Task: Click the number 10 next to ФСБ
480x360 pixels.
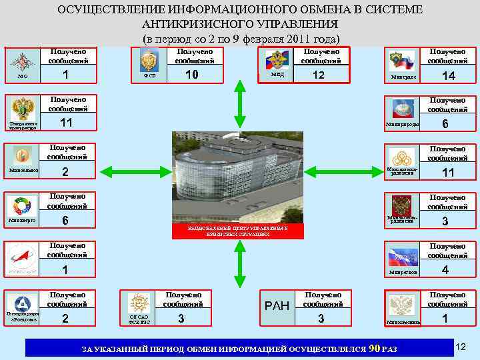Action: pos(192,75)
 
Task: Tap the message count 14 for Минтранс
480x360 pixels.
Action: pos(448,77)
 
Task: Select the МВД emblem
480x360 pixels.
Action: pos(275,61)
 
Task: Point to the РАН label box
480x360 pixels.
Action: pos(277,306)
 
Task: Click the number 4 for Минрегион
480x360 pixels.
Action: pos(446,270)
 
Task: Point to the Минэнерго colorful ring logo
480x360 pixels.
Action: pos(22,206)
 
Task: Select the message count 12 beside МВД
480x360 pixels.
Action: pos(319,75)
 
